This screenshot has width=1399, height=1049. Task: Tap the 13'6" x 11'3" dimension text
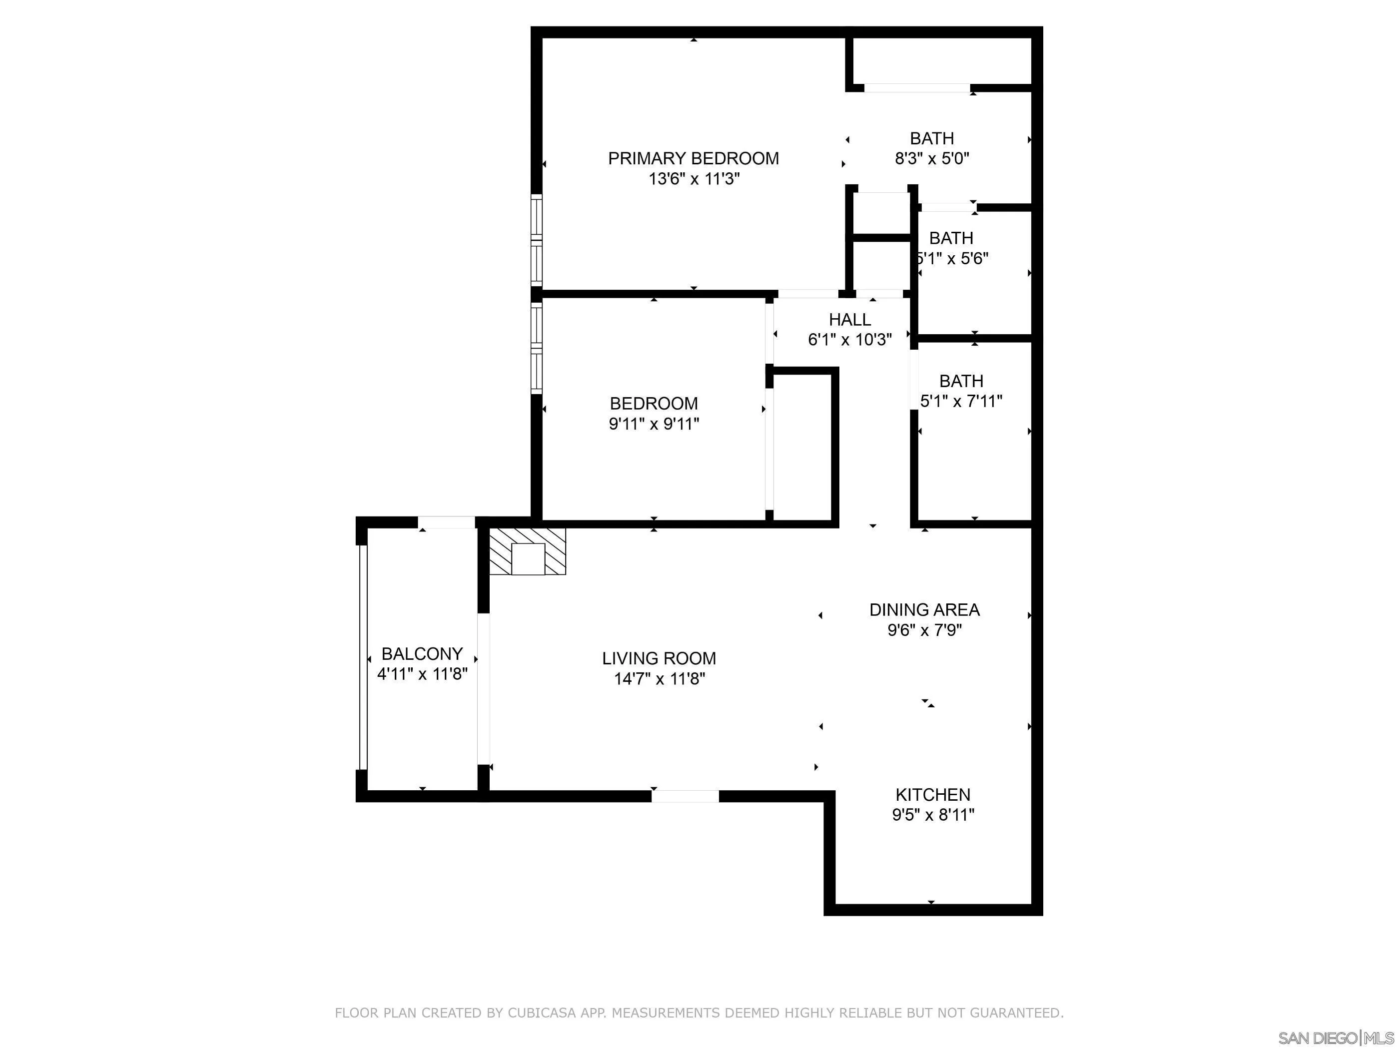[694, 179]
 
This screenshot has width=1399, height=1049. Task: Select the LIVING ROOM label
[659, 658]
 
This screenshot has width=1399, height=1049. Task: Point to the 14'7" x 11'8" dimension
[660, 678]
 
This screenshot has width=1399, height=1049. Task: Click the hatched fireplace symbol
[528, 551]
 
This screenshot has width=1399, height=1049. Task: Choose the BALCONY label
[422, 653]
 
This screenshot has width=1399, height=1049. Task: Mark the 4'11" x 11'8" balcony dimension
[422, 673]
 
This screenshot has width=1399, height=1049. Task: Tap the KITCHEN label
[933, 794]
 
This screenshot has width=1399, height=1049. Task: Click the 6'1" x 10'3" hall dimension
[850, 340]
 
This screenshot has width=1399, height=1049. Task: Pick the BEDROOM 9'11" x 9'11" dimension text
[654, 424]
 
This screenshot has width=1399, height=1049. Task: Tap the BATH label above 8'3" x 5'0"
[932, 138]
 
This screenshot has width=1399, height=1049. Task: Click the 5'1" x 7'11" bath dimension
[961, 401]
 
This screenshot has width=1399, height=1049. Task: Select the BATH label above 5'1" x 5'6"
[951, 238]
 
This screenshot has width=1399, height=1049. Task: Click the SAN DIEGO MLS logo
[1336, 1038]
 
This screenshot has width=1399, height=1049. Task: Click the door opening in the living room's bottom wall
[686, 796]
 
